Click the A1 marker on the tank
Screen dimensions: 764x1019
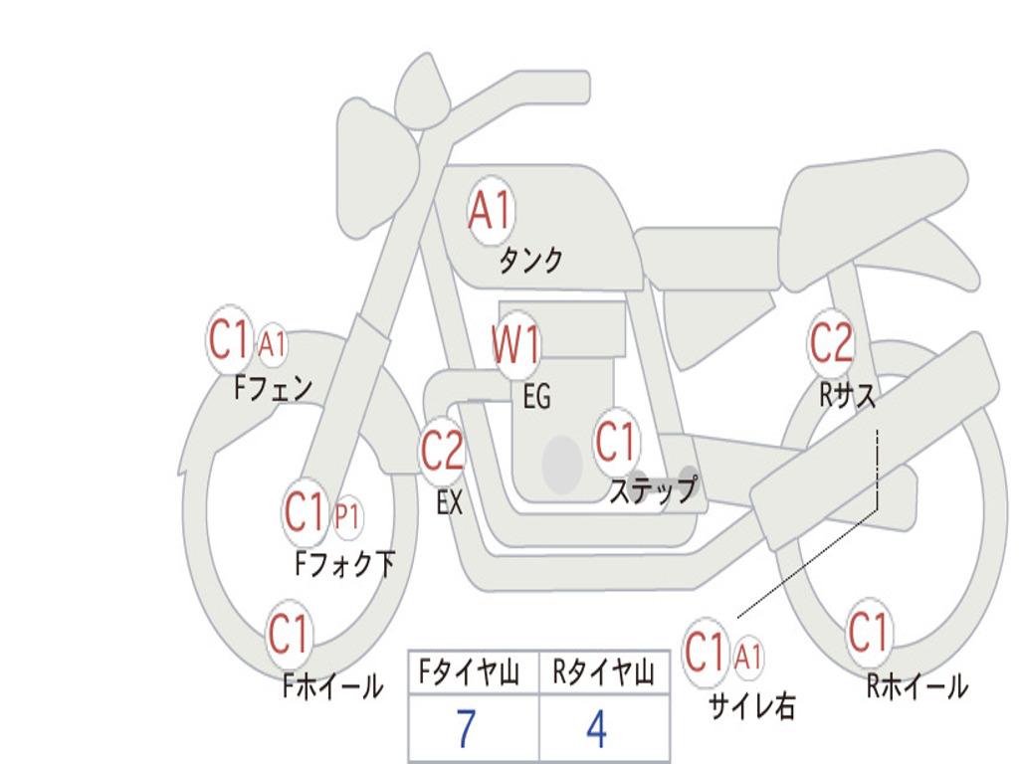pyautogui.click(x=490, y=210)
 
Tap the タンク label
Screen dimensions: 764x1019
pyautogui.click(x=530, y=261)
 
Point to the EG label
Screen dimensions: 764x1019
pyautogui.click(x=536, y=397)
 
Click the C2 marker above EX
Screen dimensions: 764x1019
pyautogui.click(x=443, y=452)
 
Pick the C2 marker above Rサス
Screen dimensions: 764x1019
pyautogui.click(x=831, y=343)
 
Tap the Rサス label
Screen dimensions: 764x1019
pyautogui.click(x=848, y=396)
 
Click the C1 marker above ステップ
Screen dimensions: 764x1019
pyautogui.click(x=615, y=442)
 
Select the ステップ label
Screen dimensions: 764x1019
pyautogui.click(x=653, y=490)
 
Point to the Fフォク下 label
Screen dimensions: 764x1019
pyautogui.click(x=345, y=564)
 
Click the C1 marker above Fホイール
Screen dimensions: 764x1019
pyautogui.click(x=290, y=634)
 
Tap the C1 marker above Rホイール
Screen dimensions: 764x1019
pyautogui.click(x=869, y=633)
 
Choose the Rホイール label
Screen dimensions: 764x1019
pyautogui.click(x=917, y=685)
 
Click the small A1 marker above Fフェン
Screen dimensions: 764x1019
pyautogui.click(x=272, y=344)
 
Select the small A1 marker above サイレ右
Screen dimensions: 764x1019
pyautogui.click(x=749, y=657)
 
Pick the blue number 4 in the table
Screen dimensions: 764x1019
pyautogui.click(x=596, y=729)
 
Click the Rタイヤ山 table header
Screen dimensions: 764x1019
pyautogui.click(x=603, y=674)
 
